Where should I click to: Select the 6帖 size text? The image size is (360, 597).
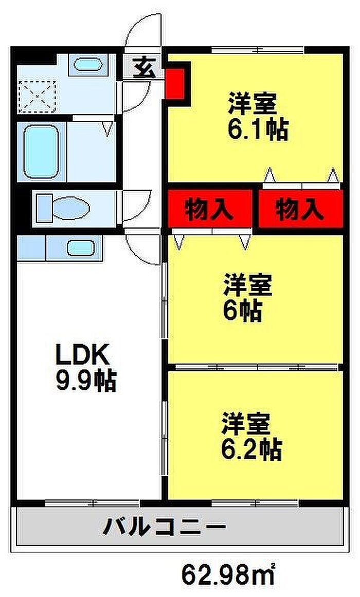(x=243, y=310)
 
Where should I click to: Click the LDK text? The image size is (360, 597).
(x=83, y=355)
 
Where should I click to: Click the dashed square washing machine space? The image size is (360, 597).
(x=37, y=95)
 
